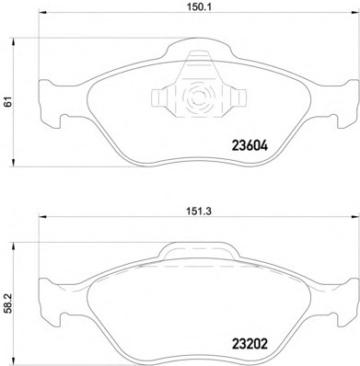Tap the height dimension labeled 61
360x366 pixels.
[7, 102]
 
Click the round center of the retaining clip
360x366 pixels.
[196, 99]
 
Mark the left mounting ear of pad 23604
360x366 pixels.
[44, 102]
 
